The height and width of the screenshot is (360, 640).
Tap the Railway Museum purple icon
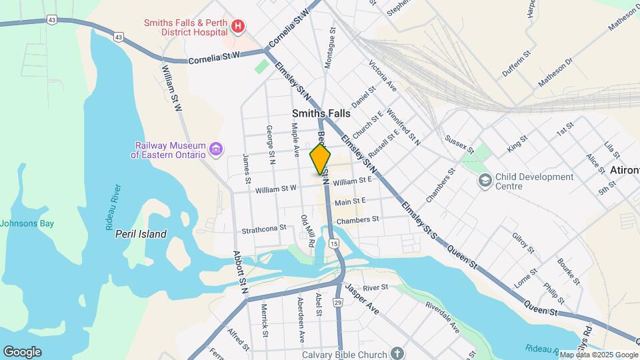(215, 149)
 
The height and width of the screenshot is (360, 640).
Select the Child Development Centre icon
(485, 180)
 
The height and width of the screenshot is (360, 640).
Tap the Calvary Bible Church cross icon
(397, 353)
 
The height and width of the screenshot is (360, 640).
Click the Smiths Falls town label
(321, 114)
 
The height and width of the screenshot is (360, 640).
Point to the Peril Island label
(141, 234)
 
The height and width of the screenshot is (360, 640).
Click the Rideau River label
(113, 207)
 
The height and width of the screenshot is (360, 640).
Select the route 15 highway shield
(334, 245)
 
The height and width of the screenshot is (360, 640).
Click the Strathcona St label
(264, 227)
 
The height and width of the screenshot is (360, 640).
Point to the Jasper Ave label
(361, 300)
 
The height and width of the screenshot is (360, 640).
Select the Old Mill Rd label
(307, 231)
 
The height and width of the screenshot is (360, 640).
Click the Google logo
(22, 352)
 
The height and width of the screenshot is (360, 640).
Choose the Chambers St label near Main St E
(357, 219)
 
